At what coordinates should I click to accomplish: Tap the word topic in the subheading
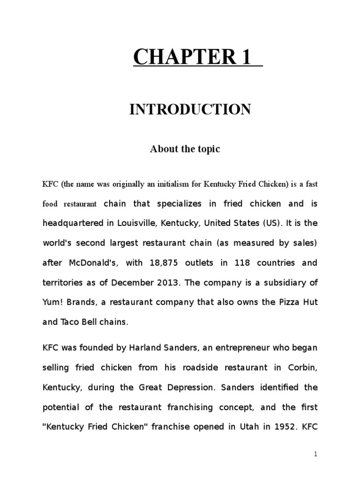coord(208,149)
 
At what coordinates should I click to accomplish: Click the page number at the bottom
coord(316,454)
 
